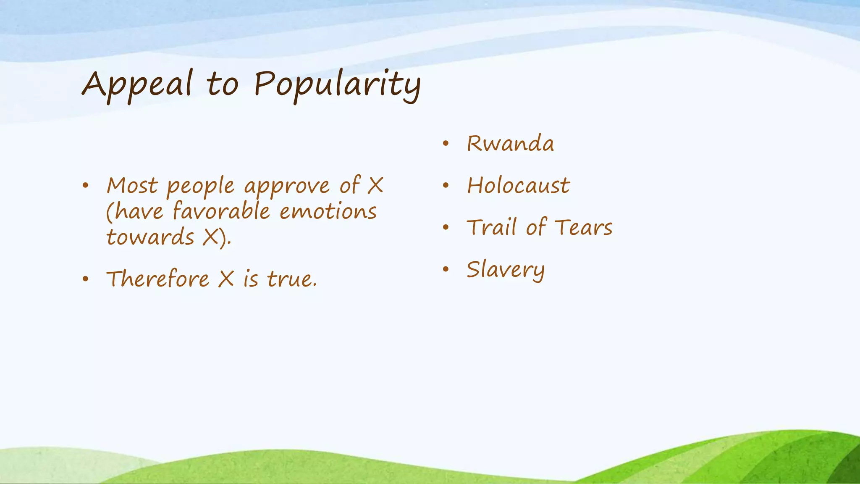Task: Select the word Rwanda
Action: (510, 144)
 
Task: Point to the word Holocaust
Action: (519, 186)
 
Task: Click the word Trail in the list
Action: (491, 228)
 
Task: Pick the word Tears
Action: (583, 228)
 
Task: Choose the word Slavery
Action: (506, 270)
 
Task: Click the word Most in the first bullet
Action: (132, 186)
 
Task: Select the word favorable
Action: (221, 211)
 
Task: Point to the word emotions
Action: (328, 211)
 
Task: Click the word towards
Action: (150, 237)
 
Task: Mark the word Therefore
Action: (157, 279)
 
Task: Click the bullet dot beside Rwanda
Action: (446, 144)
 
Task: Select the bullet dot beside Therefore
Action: (86, 279)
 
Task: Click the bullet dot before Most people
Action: (86, 186)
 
